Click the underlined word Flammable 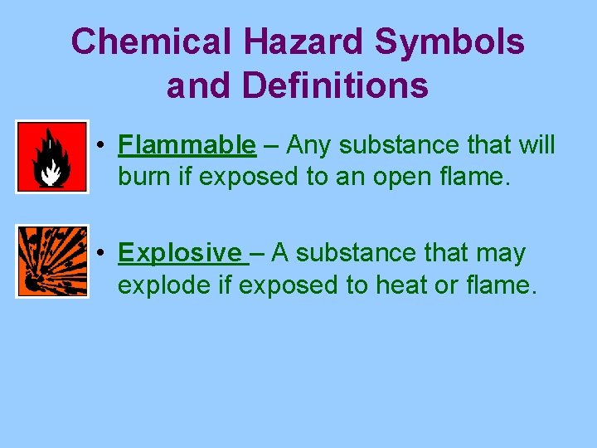(187, 145)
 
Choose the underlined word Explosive (182, 252)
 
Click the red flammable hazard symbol (51, 157)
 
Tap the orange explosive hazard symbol (51, 261)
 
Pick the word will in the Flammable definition (534, 145)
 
